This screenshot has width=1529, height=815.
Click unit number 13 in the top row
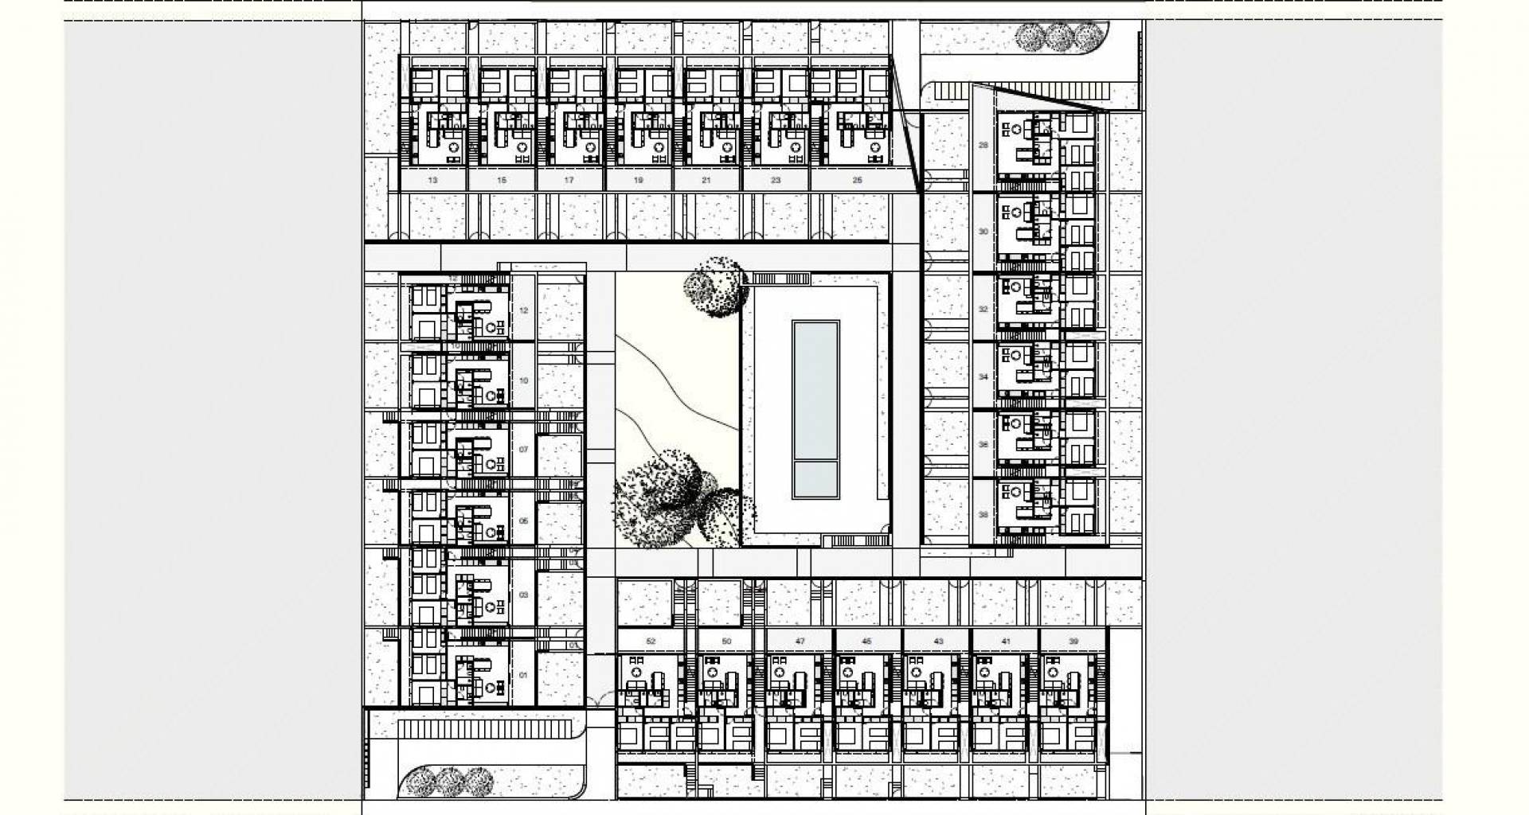(432, 181)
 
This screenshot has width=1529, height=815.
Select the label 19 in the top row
(639, 181)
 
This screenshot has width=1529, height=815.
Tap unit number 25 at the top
(858, 181)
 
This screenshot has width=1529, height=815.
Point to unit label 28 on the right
(983, 146)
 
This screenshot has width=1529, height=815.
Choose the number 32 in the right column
(983, 309)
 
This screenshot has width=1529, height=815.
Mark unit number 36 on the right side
(983, 445)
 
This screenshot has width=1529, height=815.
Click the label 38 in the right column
(983, 515)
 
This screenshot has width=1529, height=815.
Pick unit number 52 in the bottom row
(651, 641)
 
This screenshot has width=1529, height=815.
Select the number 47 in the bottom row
(800, 641)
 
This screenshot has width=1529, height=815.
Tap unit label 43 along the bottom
(938, 641)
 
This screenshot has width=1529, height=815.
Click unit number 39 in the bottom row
(1073, 641)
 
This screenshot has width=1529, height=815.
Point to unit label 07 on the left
(523, 450)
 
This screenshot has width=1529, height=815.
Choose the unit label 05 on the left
(523, 521)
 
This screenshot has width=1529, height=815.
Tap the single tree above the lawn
(716, 287)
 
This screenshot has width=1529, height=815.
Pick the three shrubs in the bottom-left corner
(449, 782)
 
